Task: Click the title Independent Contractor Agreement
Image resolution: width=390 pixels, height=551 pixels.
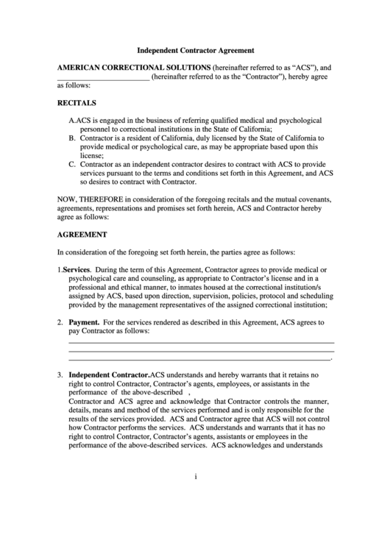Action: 196,51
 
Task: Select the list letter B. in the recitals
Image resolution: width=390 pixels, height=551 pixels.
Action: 72,138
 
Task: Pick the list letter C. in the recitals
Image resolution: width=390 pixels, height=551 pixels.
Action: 72,164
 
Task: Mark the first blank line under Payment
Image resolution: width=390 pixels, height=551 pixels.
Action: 201,342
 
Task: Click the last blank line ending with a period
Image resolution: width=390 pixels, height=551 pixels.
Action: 201,360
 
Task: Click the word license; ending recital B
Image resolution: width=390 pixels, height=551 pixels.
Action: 92,155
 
